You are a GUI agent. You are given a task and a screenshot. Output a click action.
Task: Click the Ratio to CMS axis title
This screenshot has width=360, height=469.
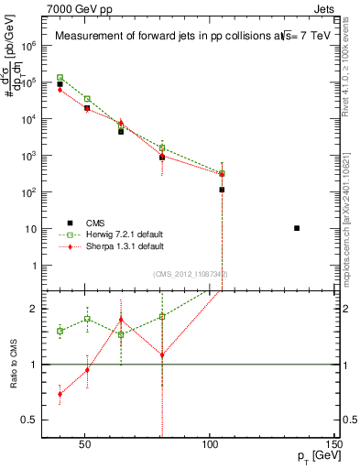13,365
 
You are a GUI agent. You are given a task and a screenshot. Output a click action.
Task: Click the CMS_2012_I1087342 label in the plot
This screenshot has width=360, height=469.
191,274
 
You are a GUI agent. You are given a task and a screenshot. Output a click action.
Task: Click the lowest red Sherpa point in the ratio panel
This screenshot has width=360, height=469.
60,394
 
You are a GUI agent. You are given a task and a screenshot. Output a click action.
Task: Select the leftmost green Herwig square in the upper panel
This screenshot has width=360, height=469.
60,78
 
